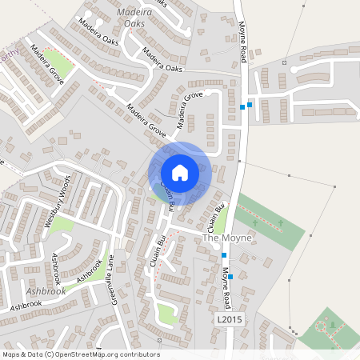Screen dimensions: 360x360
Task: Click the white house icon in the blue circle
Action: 180,172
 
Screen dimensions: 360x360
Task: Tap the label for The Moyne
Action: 227,238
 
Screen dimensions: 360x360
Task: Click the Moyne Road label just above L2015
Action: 227,289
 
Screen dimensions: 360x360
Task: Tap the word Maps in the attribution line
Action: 12,354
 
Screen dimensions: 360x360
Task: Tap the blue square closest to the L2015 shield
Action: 230,276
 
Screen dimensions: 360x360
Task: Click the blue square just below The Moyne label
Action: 224,254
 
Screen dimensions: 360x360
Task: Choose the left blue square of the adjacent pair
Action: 242,106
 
